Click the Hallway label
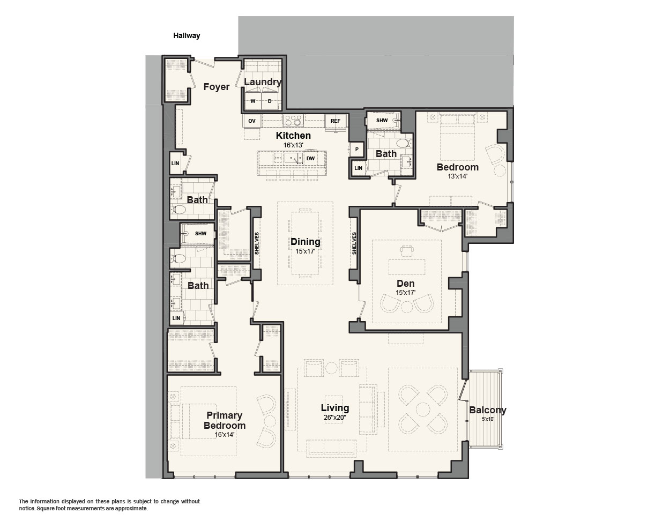pos(187,35)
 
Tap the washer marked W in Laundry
pos(253,101)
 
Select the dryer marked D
pos(270,101)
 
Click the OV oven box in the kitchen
pos(252,121)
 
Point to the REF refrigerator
pos(336,121)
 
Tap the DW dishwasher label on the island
pos(310,159)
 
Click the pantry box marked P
pos(357,150)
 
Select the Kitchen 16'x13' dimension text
pos(293,145)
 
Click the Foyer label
pos(217,87)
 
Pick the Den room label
pos(405,284)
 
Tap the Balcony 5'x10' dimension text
pos(488,419)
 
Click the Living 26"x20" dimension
pos(335,418)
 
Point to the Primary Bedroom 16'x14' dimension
pos(225,434)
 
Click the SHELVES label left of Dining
pos(257,243)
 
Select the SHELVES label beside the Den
pos(354,243)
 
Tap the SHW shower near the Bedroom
pos(382,121)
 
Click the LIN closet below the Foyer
pos(175,163)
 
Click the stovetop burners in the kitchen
pos(293,121)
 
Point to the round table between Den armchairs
pos(406,307)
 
